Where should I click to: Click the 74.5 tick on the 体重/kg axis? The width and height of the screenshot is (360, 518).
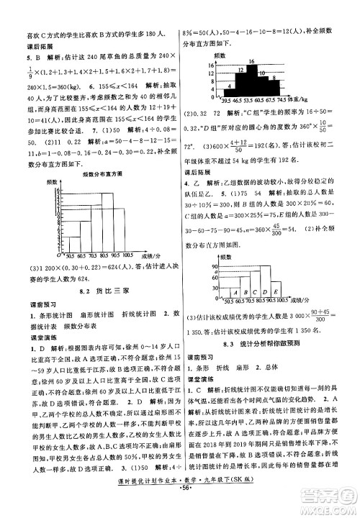(286, 101)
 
